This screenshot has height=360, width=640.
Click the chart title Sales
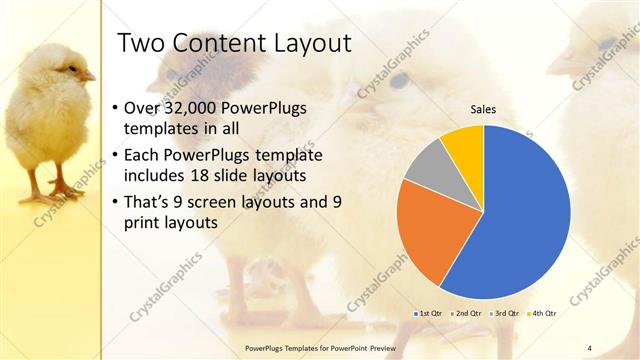(483, 110)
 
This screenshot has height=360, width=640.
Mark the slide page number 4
(590, 347)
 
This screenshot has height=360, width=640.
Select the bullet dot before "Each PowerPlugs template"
(116, 156)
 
